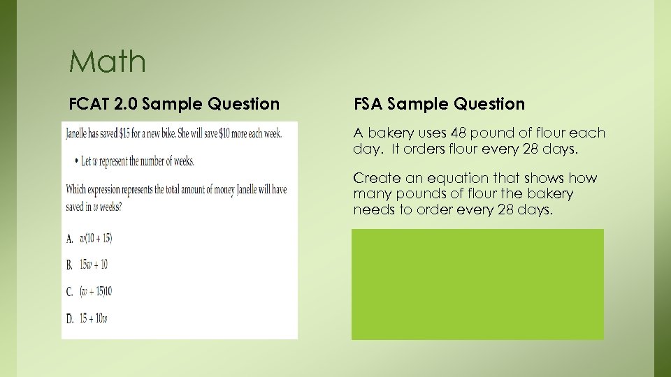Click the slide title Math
[108, 61]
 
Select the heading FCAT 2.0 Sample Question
[174, 104]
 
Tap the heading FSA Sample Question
[439, 104]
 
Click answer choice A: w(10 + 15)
[95, 239]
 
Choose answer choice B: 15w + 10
[94, 265]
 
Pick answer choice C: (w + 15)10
[95, 291]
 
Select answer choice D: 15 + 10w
[94, 318]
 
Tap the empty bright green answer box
[477, 284]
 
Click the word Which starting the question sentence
[78, 189]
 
